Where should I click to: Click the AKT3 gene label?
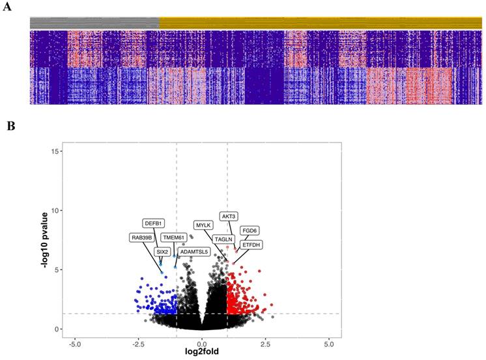click(229, 216)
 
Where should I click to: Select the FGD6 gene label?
click(250, 230)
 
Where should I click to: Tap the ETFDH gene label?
click(251, 245)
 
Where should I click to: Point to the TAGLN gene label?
click(224, 239)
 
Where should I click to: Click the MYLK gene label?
click(205, 225)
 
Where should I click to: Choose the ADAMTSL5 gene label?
click(194, 251)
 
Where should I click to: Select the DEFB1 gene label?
click(154, 224)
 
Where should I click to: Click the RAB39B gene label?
click(141, 238)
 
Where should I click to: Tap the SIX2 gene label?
click(162, 251)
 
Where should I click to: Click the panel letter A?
click(10, 10)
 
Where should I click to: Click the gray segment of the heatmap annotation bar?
click(94, 22)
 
